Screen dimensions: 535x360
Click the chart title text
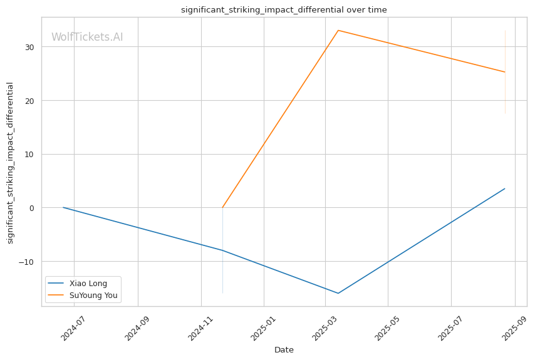tap(284, 10)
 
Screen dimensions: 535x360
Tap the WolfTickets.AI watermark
tap(87, 37)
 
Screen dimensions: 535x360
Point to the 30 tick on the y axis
tap(29, 47)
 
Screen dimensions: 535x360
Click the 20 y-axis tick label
tap(29, 101)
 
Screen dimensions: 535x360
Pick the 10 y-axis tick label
tap(29, 155)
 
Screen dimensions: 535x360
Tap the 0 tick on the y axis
tap(32, 208)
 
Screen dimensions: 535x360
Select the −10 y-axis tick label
tap(26, 262)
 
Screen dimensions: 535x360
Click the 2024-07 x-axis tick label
tap(73, 328)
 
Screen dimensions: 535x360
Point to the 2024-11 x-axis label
tap(200, 328)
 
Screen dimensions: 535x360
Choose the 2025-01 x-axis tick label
tap(262, 328)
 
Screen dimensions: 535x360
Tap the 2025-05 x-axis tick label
tap(387, 328)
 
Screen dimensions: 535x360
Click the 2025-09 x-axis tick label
tap(514, 328)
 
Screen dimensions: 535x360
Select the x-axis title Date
tap(284, 350)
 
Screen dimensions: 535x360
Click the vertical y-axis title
tap(10, 163)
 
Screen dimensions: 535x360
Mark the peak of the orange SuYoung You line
tap(338, 30)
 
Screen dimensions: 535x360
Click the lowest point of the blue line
tap(338, 293)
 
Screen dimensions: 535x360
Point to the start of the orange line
tap(222, 207)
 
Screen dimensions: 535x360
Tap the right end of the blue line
tap(505, 188)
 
